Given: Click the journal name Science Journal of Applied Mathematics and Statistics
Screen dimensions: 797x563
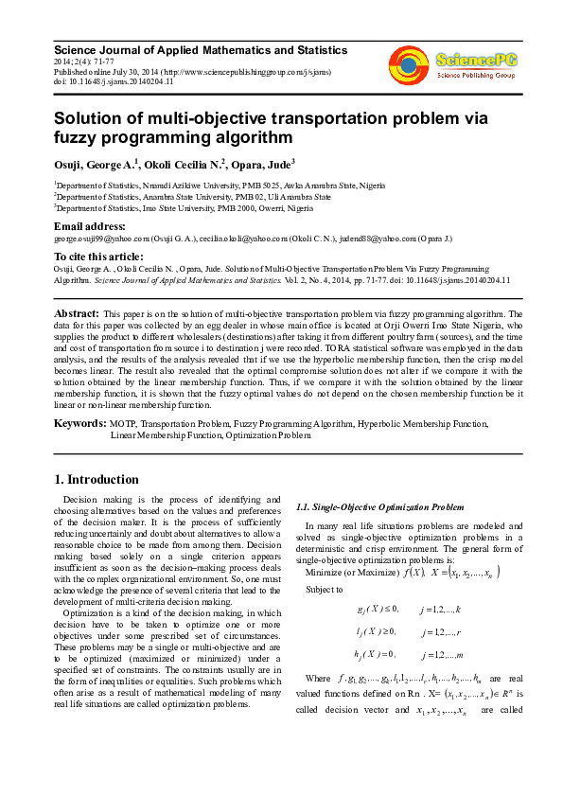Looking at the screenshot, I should click(201, 49).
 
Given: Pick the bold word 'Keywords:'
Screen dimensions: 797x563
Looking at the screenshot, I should click(80, 423).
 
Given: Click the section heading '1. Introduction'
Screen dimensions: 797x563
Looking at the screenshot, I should click(97, 479).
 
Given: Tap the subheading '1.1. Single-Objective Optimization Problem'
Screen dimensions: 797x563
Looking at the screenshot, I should click(380, 507).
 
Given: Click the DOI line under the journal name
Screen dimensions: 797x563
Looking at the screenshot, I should click(114, 81).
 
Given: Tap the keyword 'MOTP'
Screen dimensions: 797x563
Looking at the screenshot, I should click(123, 424).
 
